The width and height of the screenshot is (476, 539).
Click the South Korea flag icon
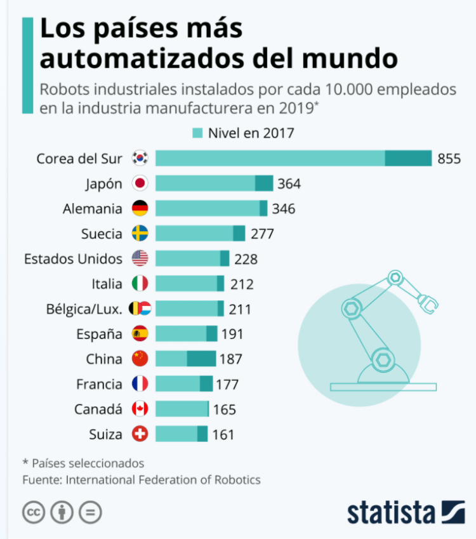click(140, 158)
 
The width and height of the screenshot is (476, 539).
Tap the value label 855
click(449, 159)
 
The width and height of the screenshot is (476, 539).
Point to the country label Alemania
click(93, 208)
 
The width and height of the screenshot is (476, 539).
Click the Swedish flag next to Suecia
click(140, 234)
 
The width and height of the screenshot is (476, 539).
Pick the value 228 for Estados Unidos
click(246, 259)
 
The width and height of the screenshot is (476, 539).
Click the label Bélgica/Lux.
click(84, 309)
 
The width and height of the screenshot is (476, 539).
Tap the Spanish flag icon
click(140, 334)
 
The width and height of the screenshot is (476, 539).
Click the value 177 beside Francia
click(227, 384)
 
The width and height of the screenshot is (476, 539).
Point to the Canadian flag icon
click(140, 409)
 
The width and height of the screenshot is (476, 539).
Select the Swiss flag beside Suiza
click(140, 434)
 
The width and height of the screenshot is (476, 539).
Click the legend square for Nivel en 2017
click(197, 133)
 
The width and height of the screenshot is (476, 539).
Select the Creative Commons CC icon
click(34, 512)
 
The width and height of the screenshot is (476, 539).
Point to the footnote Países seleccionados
click(88, 463)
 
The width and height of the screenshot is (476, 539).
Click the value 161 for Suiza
click(223, 435)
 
